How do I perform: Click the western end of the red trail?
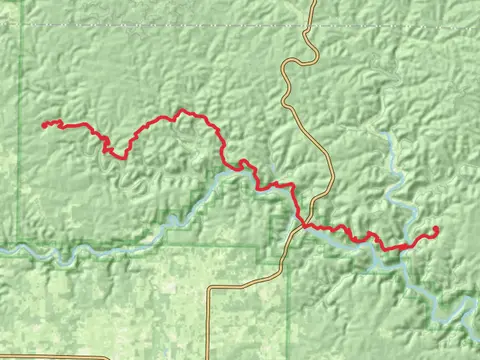tap(43, 125)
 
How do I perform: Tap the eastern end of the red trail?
tap(436, 229)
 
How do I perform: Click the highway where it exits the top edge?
tap(314, 3)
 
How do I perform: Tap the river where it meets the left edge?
tap(3, 248)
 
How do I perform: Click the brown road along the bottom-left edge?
tap(50, 355)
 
